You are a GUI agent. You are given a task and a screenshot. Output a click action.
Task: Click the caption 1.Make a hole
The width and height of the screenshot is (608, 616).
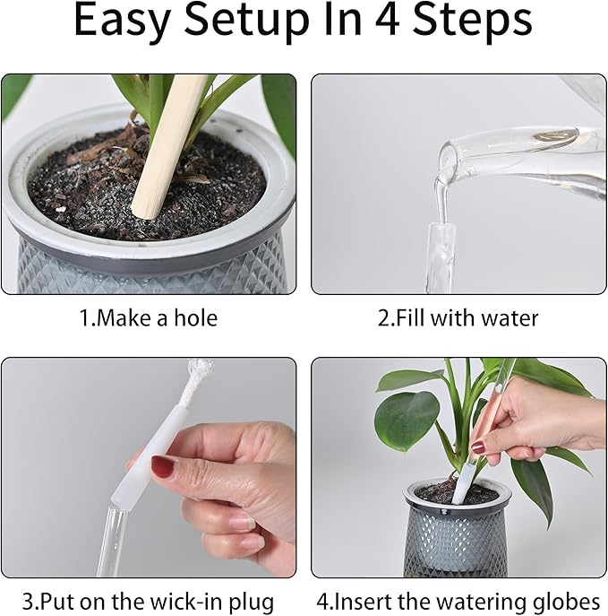point(148,318)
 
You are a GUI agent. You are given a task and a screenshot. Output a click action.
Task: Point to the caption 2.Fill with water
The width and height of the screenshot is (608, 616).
point(458,318)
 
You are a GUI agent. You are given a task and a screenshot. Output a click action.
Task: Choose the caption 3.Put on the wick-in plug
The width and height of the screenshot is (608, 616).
point(148,601)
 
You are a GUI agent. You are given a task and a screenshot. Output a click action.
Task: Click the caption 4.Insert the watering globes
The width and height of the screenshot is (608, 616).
point(458,601)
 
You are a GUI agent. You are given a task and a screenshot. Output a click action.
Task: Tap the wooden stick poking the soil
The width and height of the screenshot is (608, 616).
point(170,143)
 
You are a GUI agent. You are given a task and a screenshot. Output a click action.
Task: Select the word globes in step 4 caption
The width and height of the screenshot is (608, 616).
point(568,601)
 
